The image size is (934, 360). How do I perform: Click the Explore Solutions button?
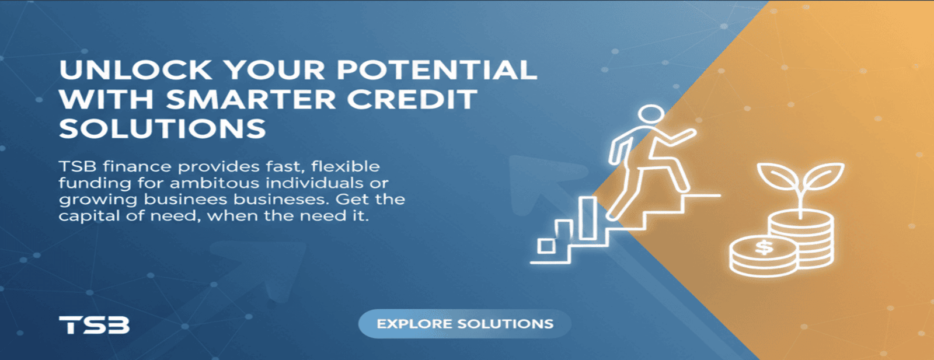coord(465,324)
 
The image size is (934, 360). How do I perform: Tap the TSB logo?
coord(94,324)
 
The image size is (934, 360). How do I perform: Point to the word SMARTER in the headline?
coord(250,99)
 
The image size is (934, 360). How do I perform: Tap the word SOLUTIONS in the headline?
coord(162,128)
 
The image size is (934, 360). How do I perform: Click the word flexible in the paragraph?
coord(346,166)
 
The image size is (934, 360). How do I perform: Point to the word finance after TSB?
coord(137,166)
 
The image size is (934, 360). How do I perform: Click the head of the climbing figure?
coord(651,114)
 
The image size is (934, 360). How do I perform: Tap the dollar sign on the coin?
coord(764,247)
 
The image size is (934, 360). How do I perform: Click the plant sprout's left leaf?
coord(777,176)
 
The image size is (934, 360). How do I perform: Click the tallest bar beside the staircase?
coord(587,218)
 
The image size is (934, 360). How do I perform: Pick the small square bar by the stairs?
coord(546,246)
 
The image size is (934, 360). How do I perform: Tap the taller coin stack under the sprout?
coord(801,239)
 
